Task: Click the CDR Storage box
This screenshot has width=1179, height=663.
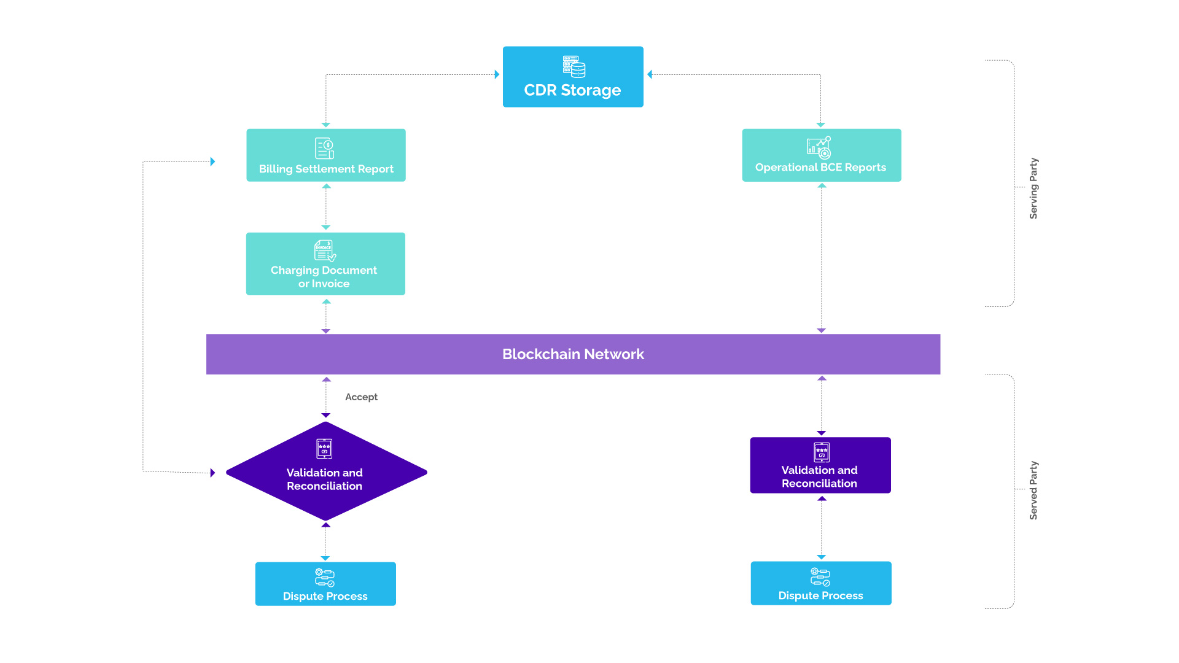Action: [x=572, y=77]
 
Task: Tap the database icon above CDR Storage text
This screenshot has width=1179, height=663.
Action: [x=574, y=66]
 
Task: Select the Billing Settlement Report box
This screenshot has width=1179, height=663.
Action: [x=325, y=155]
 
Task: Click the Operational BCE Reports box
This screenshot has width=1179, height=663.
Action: [x=821, y=155]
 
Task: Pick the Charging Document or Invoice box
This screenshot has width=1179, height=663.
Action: [x=325, y=264]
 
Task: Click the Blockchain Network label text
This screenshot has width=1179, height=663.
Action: [x=573, y=354]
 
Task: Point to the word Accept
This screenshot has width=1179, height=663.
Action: [x=361, y=397]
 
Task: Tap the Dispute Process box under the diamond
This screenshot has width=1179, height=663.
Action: [x=325, y=584]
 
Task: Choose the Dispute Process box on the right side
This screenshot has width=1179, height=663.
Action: [x=820, y=583]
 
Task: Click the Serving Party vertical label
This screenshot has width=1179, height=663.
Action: [x=1033, y=188]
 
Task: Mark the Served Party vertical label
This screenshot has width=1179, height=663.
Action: [x=1033, y=490]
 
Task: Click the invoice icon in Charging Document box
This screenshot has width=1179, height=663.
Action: [x=325, y=250]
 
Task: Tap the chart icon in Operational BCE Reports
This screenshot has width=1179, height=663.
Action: [x=819, y=147]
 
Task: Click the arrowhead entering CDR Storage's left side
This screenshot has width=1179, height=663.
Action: [x=497, y=74]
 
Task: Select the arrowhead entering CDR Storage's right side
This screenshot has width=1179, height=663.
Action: [x=650, y=74]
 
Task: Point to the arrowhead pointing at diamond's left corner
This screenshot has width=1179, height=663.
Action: [x=212, y=473]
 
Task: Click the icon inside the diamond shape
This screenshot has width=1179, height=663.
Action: [x=324, y=449]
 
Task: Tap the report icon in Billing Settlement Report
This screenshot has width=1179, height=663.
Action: [x=324, y=148]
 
